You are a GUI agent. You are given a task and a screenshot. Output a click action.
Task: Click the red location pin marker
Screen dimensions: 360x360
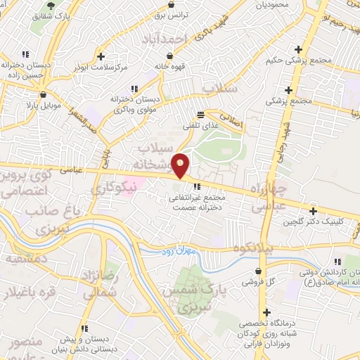point(181,166)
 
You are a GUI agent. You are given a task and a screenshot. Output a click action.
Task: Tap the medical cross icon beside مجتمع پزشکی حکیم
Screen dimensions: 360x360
point(300,50)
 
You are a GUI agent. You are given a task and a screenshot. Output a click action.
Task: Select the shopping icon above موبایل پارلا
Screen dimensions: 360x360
point(43,94)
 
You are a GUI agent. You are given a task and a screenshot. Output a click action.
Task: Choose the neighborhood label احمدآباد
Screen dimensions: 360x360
point(165,39)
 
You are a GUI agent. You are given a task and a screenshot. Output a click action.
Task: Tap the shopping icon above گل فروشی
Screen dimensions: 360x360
point(260,270)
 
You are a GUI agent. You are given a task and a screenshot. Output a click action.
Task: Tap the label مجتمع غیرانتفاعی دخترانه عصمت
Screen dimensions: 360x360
point(197,203)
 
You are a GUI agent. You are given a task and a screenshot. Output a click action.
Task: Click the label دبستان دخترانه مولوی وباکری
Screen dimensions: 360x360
point(134,105)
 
